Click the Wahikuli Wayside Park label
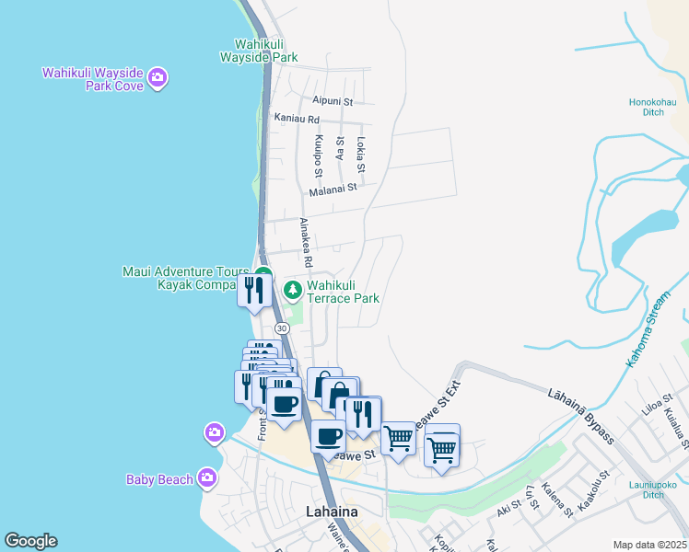258,50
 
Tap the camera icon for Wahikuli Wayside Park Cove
158,77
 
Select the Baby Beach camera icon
206,477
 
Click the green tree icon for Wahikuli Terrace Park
293,291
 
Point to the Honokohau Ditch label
653,107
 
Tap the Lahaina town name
331,512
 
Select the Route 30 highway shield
282,328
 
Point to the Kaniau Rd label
297,119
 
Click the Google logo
30,541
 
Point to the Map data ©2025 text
649,545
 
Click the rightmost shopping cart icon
442,448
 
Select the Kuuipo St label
318,156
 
